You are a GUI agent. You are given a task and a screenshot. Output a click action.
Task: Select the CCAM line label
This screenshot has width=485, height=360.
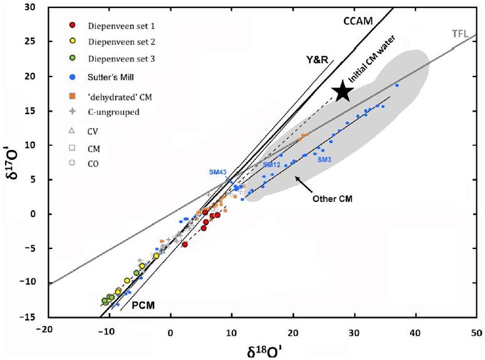(358, 20)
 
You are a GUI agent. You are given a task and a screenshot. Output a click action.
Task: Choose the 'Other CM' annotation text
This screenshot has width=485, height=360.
(330, 199)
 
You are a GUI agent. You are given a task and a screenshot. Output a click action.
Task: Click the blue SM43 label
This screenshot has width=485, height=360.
(219, 172)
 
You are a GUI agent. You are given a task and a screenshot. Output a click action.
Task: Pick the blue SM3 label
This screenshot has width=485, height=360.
(325, 160)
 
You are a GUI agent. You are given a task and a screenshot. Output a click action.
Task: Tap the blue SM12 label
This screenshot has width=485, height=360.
(271, 164)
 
